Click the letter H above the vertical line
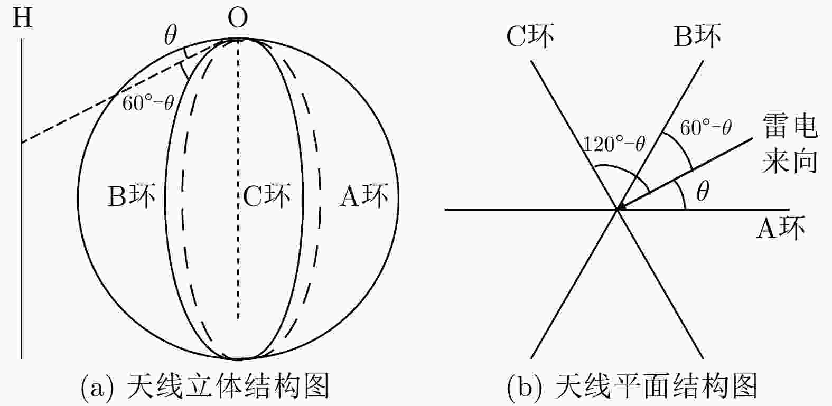(x=23, y=18)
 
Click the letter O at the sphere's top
(x=238, y=18)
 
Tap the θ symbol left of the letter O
(x=171, y=35)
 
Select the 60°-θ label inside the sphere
(x=148, y=102)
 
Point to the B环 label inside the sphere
(x=132, y=196)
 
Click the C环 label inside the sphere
(x=267, y=196)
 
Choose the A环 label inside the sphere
(x=364, y=196)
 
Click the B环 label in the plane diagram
(x=697, y=36)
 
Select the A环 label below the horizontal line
(x=781, y=228)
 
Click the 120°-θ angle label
(x=614, y=144)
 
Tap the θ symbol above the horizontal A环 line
(x=703, y=191)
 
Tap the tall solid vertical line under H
(x=21, y=199)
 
